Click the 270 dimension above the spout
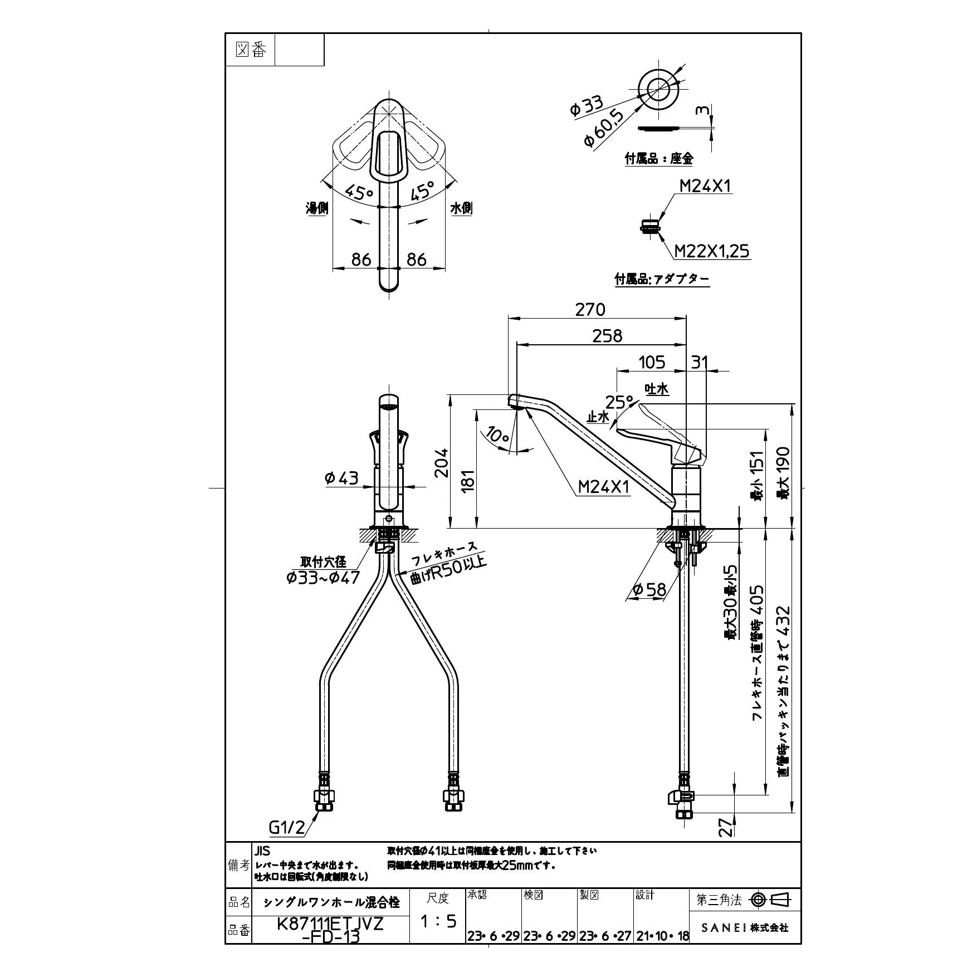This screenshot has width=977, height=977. point(590,310)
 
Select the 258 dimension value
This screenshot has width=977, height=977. point(607,335)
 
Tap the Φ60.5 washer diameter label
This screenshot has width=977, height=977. point(603,129)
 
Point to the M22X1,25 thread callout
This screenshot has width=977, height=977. point(712,251)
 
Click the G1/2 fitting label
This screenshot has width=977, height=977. point(287,844)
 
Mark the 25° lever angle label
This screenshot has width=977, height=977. point(619,402)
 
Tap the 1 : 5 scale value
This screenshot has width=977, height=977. point(438,921)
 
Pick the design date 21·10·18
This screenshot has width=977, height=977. point(661,936)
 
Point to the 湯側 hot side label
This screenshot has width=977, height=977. point(317,208)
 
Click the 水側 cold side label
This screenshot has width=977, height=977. point(461,208)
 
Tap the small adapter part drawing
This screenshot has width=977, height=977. point(650,227)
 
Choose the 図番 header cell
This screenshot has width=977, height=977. point(251,50)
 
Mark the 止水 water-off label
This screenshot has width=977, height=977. point(598,417)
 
